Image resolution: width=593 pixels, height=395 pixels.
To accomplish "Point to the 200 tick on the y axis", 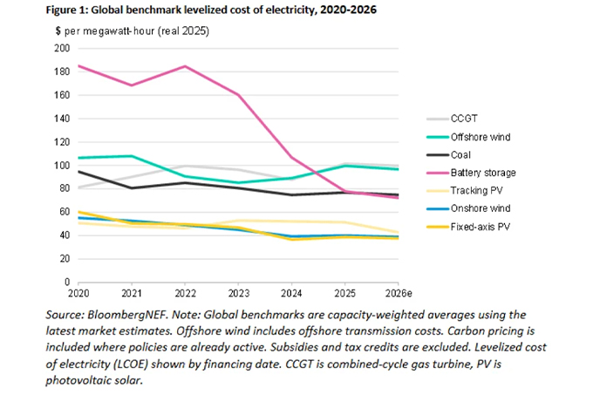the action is click(63, 48).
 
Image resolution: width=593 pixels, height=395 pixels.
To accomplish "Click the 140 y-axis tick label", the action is click(63, 119).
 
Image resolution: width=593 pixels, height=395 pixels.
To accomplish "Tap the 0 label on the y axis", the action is click(67, 282).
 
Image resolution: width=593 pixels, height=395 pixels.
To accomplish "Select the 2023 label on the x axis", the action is click(238, 294).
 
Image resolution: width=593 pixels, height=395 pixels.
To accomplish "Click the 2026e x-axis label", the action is click(399, 294).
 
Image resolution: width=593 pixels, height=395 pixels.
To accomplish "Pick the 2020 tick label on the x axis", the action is click(78, 294).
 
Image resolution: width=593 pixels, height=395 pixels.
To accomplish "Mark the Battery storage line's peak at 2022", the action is click(185, 66).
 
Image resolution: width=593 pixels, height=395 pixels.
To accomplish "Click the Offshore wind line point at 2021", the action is click(132, 156).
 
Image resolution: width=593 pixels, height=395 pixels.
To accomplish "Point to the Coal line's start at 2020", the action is click(78, 172).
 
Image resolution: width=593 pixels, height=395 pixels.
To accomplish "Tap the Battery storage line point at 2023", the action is click(238, 95).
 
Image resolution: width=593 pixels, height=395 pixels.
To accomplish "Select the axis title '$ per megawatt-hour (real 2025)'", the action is click(132, 31).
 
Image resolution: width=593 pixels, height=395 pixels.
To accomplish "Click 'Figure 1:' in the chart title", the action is click(67, 10).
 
